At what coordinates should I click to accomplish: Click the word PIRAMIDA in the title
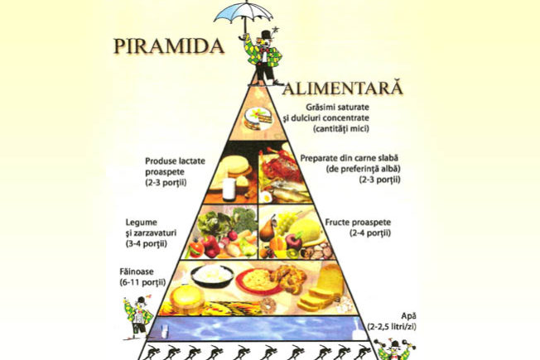click(x=169, y=46)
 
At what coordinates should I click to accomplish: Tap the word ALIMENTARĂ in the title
click(x=343, y=88)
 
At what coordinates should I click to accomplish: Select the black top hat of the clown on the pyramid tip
click(x=266, y=35)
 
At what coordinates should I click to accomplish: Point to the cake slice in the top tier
click(x=258, y=118)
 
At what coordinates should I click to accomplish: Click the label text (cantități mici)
click(x=341, y=129)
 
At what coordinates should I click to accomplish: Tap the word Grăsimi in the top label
click(x=319, y=107)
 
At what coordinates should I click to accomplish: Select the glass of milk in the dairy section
click(x=229, y=190)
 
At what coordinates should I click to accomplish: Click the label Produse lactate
click(x=175, y=161)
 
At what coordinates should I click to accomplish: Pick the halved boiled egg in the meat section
click(x=266, y=197)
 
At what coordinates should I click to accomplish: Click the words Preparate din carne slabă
click(x=350, y=158)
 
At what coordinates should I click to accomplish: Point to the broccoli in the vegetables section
click(x=245, y=219)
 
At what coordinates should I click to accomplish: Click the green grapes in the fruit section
click(x=287, y=222)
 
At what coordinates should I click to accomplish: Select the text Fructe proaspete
click(x=358, y=222)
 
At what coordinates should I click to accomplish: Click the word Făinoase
click(x=137, y=271)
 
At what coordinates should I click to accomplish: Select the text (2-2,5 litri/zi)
click(x=392, y=327)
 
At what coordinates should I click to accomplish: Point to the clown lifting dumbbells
click(x=394, y=349)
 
